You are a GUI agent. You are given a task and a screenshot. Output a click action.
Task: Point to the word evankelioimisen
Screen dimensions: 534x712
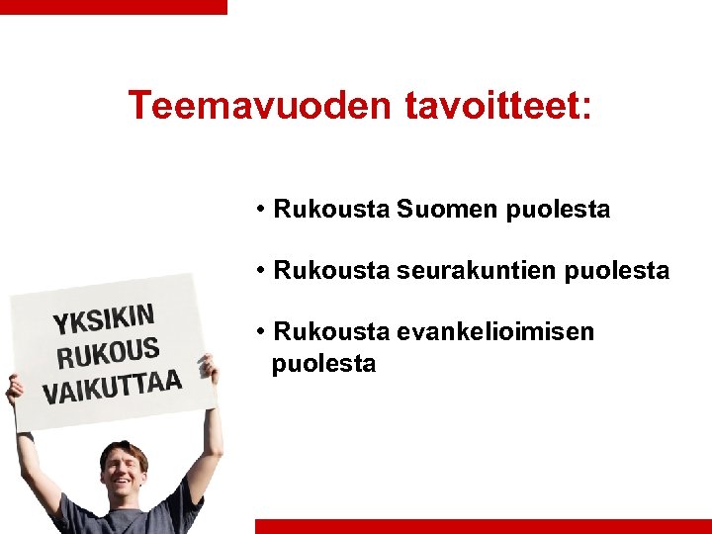(x=495, y=331)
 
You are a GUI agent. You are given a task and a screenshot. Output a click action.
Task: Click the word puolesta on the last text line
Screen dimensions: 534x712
(x=323, y=364)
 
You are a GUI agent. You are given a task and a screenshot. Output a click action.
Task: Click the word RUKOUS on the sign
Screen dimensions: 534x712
(x=108, y=352)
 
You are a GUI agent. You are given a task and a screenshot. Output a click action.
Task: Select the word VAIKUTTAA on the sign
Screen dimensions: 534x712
(x=111, y=386)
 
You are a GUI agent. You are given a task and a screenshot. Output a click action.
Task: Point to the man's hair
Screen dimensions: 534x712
(x=123, y=451)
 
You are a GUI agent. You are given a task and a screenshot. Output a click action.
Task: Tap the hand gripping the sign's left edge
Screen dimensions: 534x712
(x=14, y=390)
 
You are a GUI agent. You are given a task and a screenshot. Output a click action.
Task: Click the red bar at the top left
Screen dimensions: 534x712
(x=113, y=6)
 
